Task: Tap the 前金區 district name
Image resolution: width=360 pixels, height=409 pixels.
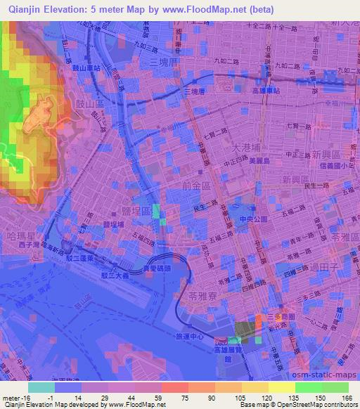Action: (195, 186)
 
